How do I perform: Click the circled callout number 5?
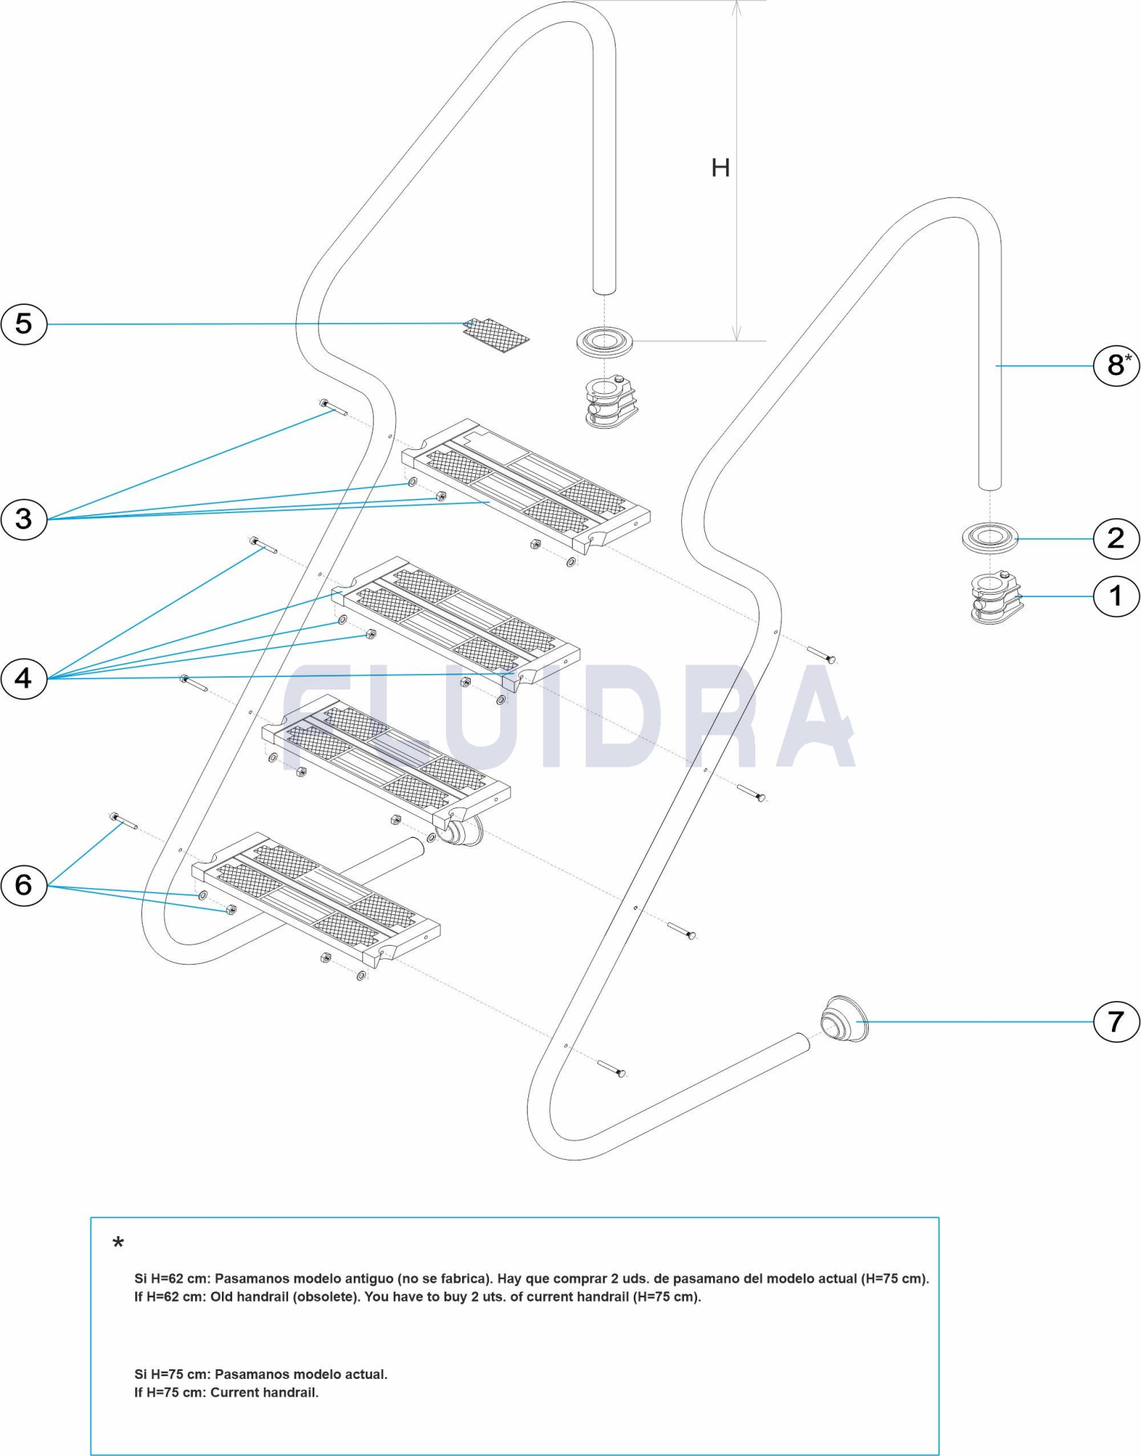[23, 323]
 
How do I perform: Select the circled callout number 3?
[23, 519]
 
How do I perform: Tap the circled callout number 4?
[23, 678]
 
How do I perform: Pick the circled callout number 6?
[23, 885]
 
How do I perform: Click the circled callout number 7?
[1116, 1021]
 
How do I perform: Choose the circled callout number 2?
[1116, 539]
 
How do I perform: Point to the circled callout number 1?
[1116, 596]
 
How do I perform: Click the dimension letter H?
[720, 168]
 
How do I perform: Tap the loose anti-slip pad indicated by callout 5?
[496, 335]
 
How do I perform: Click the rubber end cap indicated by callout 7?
[844, 1019]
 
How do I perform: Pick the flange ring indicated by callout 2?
[989, 538]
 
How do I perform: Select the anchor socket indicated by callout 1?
[995, 598]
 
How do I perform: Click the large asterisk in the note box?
[118, 1243]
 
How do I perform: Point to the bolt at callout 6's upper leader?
[124, 821]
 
